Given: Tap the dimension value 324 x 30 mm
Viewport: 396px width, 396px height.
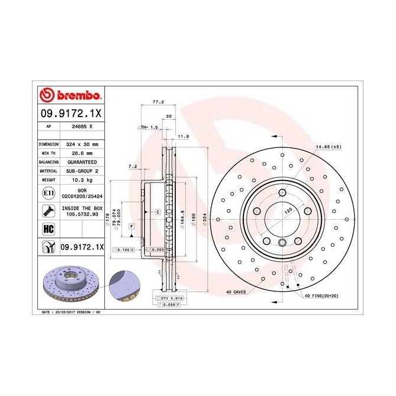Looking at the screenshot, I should pos(82,144).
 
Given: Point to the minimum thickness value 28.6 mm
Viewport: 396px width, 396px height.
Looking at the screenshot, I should pos(82,153).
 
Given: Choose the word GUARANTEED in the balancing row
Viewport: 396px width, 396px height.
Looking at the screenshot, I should pos(82,162).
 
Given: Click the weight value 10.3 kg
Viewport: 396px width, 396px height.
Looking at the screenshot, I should pos(82,179).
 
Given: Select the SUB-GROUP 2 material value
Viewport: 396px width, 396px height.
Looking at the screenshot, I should pos(82,170).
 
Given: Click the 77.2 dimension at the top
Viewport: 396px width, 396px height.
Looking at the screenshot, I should pos(157,102).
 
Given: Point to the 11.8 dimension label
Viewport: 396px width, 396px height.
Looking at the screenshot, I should pos(183,136).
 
